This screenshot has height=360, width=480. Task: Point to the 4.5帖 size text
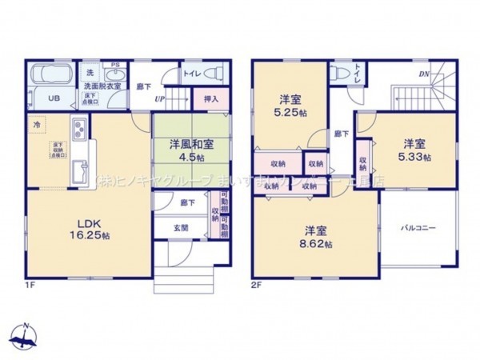(184, 158)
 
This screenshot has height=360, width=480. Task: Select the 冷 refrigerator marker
(37, 126)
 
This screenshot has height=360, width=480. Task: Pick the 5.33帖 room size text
(414, 157)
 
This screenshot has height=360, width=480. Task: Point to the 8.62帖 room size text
(313, 242)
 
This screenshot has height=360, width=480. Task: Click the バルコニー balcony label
(418, 228)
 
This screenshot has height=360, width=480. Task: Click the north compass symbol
(26, 336)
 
